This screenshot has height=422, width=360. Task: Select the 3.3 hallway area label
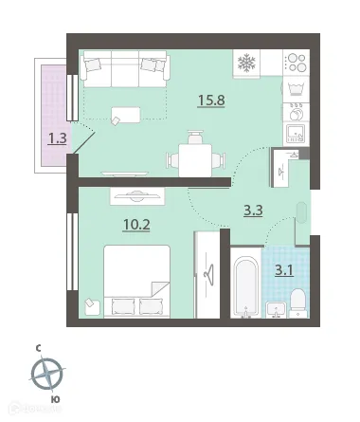[x=253, y=211]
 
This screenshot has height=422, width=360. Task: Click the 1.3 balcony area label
[x=57, y=138]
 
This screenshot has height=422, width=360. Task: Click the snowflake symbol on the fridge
[x=247, y=64]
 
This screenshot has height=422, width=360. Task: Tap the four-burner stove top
[x=296, y=64]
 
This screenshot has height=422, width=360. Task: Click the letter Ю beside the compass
[x=56, y=401]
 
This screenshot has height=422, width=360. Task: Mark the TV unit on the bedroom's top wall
[x=137, y=195]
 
